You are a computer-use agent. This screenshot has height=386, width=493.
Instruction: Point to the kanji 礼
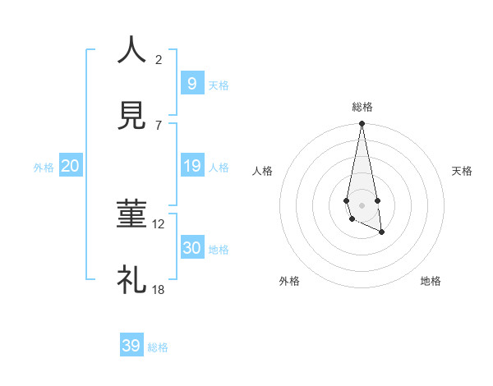[x=131, y=279]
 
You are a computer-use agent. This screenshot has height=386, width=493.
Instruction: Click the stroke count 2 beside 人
[x=159, y=59]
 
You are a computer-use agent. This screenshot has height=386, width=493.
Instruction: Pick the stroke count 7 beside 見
[x=159, y=125]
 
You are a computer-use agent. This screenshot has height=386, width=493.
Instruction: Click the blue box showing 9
[x=191, y=83]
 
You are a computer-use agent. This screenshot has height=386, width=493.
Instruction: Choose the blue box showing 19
[x=191, y=166]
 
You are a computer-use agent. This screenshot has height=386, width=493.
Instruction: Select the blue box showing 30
[x=191, y=248]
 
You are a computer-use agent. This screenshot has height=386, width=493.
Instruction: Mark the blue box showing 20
[x=70, y=166]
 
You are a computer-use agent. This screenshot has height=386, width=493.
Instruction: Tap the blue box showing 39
[x=131, y=346]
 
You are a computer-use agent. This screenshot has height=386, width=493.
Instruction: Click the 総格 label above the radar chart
[x=362, y=107]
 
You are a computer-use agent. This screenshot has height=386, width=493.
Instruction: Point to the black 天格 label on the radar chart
[x=462, y=171]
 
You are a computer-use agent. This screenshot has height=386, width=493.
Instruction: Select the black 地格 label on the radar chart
[x=431, y=281]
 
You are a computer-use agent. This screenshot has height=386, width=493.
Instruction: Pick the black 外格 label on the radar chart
[x=289, y=281]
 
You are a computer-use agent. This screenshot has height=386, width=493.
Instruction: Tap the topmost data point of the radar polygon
[x=362, y=124]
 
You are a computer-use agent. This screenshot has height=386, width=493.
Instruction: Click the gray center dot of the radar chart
[x=362, y=204]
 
